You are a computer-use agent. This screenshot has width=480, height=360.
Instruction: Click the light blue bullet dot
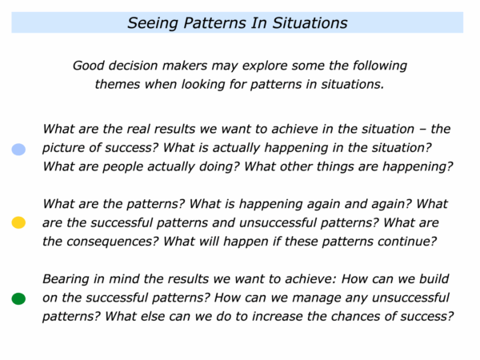(x=18, y=150)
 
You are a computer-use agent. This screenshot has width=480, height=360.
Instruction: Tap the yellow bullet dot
(x=18, y=222)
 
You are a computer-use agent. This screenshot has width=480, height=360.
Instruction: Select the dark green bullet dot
(x=18, y=298)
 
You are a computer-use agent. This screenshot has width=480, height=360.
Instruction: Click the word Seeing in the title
(x=153, y=23)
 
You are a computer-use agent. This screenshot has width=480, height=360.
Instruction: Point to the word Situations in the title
(x=310, y=23)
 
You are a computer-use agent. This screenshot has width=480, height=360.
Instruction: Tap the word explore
(x=265, y=66)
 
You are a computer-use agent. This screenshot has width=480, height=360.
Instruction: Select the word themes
(x=118, y=84)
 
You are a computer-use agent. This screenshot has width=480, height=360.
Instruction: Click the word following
(x=379, y=66)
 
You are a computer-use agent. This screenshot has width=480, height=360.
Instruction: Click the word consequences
(x=112, y=242)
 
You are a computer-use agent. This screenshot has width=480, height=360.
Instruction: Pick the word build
(x=434, y=279)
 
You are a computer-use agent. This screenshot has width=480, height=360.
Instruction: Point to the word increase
(x=278, y=317)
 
